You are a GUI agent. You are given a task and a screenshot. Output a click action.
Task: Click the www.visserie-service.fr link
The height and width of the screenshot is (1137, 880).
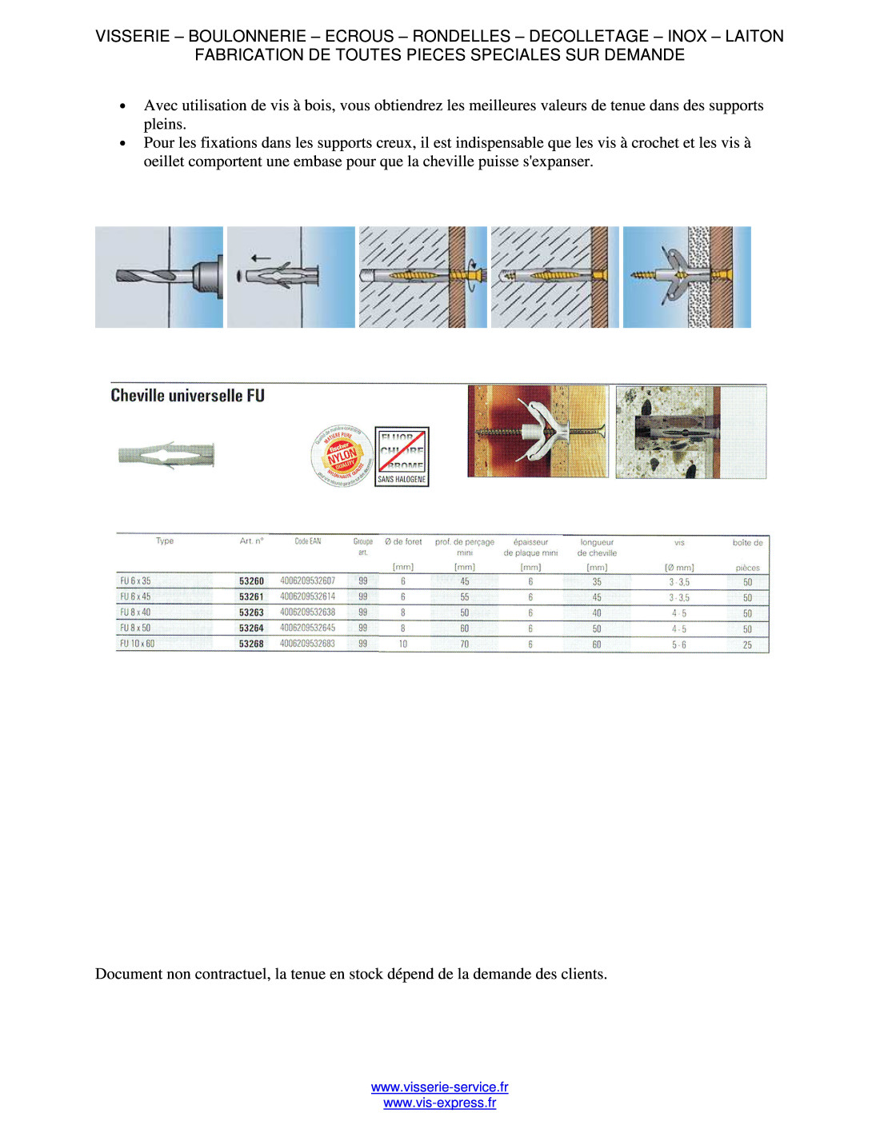click(439, 1087)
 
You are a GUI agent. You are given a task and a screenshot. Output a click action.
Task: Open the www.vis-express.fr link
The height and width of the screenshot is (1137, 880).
click(439, 1103)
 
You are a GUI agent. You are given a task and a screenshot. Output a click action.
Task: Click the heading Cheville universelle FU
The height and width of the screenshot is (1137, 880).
click(187, 396)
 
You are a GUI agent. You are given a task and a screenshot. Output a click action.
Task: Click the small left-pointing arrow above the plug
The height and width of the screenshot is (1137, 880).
click(260, 258)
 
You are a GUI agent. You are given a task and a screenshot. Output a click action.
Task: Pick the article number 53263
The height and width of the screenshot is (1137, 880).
click(251, 612)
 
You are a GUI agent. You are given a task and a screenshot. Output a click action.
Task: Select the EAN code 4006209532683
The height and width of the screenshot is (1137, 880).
click(307, 644)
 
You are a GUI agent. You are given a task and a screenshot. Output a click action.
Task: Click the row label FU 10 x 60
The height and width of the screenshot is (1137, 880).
click(137, 644)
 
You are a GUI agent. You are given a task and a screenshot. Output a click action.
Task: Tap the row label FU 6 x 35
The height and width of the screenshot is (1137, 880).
click(135, 581)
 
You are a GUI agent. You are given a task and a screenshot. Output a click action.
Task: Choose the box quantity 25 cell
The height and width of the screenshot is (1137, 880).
click(747, 644)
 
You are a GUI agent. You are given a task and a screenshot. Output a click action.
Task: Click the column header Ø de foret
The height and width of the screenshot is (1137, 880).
click(403, 542)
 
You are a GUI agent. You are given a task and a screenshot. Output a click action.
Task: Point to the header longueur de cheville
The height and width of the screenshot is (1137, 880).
click(597, 548)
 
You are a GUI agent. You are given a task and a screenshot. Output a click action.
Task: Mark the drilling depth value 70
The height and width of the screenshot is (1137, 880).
click(465, 644)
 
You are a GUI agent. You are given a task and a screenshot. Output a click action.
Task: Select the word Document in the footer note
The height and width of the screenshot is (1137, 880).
click(129, 974)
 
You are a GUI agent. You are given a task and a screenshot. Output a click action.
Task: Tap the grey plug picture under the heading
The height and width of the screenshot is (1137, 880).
click(166, 456)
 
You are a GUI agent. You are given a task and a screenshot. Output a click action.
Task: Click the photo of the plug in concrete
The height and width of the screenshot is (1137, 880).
click(690, 432)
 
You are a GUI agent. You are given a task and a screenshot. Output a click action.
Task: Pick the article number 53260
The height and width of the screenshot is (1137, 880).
click(251, 581)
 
